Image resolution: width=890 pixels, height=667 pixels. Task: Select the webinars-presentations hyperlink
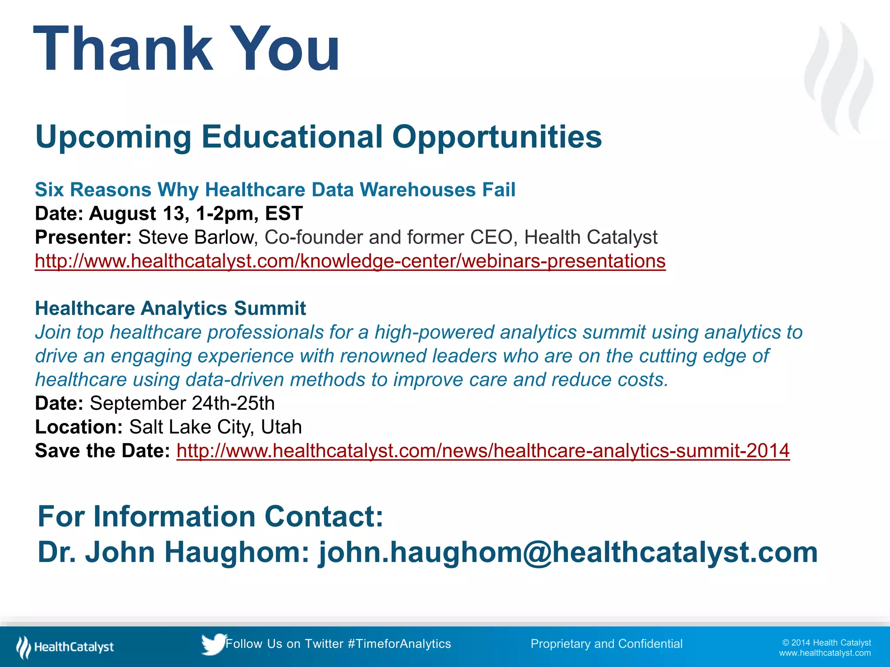click(x=350, y=261)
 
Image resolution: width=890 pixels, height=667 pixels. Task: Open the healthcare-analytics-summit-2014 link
click(x=483, y=451)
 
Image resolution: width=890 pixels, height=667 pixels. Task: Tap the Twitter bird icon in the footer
click(x=213, y=644)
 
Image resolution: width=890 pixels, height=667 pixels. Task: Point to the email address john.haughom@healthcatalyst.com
click(x=568, y=552)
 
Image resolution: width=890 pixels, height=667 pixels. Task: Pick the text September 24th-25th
click(x=182, y=403)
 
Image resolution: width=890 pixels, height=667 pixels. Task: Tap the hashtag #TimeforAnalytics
click(x=399, y=644)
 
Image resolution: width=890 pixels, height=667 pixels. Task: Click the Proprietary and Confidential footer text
click(x=606, y=644)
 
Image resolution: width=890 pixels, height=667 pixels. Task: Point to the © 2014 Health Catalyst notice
click(x=826, y=643)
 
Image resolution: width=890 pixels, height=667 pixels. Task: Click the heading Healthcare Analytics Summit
click(x=170, y=308)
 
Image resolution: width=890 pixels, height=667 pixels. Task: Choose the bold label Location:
click(x=79, y=427)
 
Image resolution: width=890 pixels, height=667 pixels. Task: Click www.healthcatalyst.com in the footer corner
click(x=824, y=653)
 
